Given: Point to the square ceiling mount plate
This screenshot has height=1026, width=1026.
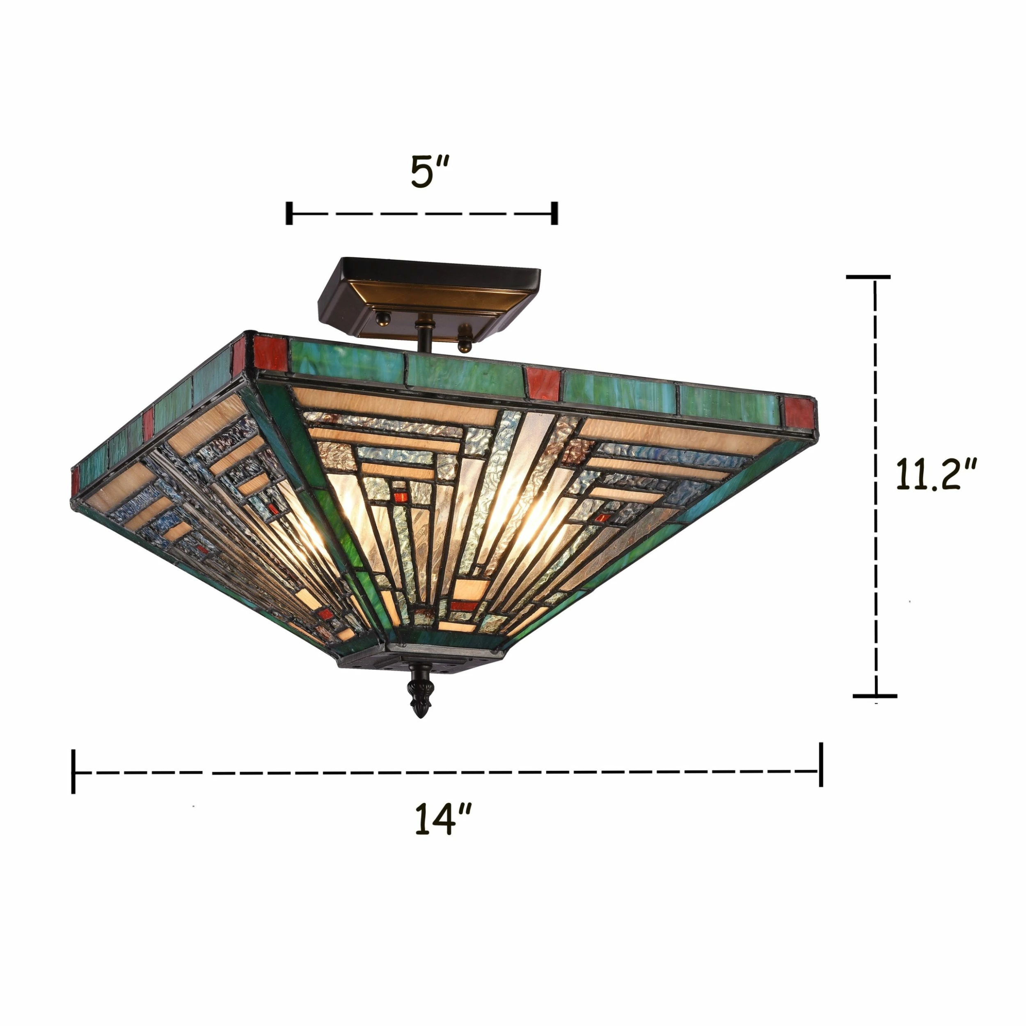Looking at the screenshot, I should pyautogui.click(x=429, y=298).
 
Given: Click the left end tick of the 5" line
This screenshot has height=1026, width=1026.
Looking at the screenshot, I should pyautogui.click(x=289, y=213).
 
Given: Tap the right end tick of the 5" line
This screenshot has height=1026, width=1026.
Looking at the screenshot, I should pyautogui.click(x=555, y=213).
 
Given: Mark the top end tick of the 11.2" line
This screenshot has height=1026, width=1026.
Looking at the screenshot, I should pyautogui.click(x=868, y=277).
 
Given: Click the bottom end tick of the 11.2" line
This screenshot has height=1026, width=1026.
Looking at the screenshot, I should pyautogui.click(x=875, y=696).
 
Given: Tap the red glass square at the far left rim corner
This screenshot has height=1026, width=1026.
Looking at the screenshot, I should pyautogui.click(x=76, y=481).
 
